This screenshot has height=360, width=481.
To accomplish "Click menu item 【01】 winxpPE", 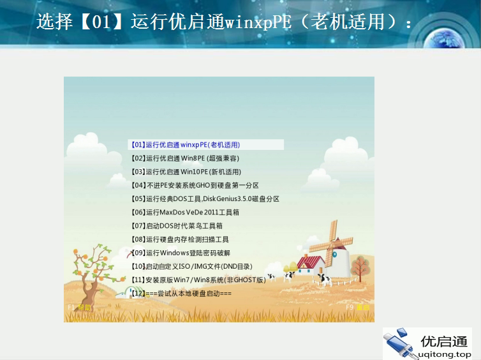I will (185, 145).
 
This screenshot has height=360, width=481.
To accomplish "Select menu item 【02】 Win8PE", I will (185, 158).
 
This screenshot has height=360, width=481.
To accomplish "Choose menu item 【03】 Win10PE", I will (186, 172).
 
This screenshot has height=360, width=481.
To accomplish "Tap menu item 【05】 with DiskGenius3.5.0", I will (204, 199).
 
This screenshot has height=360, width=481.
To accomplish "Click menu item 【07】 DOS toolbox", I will (176, 226).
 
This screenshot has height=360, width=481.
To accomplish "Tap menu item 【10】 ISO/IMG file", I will (191, 266).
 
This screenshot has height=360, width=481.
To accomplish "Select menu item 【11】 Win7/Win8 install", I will (198, 280).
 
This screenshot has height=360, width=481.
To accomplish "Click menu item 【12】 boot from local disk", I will (181, 293).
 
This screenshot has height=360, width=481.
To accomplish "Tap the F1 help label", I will (79, 308).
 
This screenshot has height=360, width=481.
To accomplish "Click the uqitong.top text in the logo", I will (445, 354).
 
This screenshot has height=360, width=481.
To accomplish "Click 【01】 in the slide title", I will (103, 22).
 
